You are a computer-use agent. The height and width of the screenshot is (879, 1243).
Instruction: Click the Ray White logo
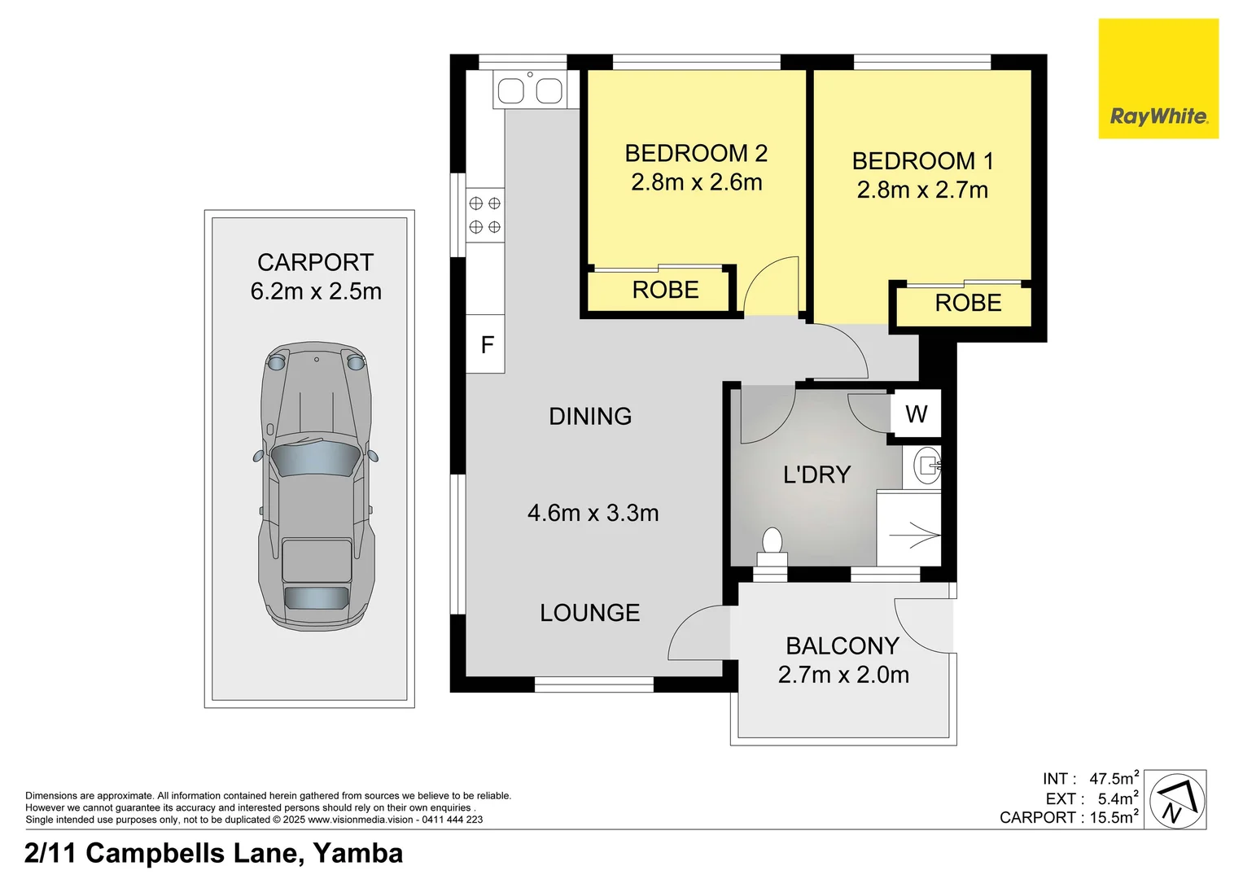point(1158,79)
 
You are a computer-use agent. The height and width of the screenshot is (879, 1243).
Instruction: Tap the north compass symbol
point(1175,800)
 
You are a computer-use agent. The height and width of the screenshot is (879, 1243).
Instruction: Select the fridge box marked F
point(486,344)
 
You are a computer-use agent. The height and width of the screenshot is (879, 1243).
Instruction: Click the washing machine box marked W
point(916,414)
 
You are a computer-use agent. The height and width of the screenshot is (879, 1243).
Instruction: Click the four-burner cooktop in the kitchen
point(484,215)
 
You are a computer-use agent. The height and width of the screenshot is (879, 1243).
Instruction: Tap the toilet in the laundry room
point(772,545)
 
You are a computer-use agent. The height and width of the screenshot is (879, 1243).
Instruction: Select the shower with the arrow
point(909,529)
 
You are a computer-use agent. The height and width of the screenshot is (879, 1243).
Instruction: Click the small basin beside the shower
point(926,466)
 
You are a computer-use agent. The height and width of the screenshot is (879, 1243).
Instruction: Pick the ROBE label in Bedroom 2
point(665,290)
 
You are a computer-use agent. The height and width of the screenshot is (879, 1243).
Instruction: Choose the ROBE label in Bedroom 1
point(967,303)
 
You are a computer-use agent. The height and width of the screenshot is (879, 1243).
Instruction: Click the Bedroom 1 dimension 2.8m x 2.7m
point(922,190)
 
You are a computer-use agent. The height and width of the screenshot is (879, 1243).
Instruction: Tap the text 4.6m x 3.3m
point(593,513)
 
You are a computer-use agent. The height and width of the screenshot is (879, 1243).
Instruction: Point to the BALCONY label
point(842,645)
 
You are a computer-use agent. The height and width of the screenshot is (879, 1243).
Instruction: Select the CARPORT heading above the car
point(315,262)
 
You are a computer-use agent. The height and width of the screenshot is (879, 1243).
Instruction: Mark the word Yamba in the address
point(357,853)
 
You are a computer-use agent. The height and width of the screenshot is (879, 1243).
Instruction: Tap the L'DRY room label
point(816,474)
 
